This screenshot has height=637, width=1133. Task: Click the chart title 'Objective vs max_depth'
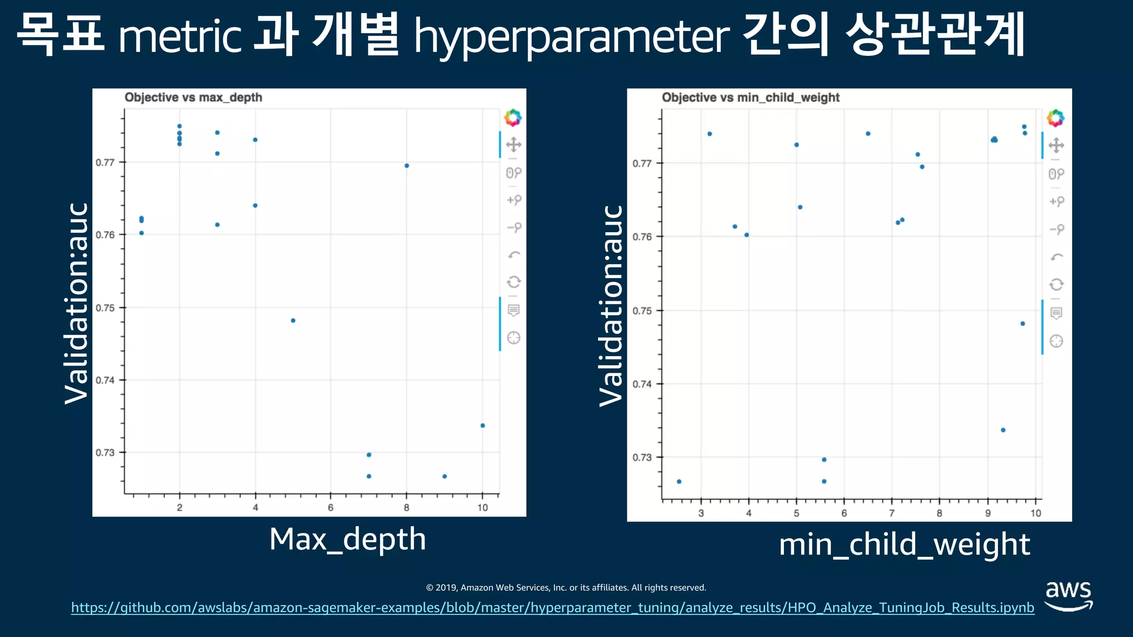pos(193,97)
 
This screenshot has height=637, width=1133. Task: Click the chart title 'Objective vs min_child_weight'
pos(750,97)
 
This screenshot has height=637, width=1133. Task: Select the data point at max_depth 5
pos(293,321)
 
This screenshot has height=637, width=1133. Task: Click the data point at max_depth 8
pos(407,165)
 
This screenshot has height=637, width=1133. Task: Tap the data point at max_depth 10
pos(482,425)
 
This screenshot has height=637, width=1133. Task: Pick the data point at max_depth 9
pos(445,476)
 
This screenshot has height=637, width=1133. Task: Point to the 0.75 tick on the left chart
pos(105,308)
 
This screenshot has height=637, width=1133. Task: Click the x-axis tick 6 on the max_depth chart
pos(331,508)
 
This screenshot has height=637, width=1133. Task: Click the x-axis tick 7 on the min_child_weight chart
pos(892,513)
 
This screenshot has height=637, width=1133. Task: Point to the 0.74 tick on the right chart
pos(642,384)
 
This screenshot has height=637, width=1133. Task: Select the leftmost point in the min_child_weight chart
pos(679,482)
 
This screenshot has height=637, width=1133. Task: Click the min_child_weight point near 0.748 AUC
pos(1022,323)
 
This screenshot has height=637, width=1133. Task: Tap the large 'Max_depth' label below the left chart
pos(347,539)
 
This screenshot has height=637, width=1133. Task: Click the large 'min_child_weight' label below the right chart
pos(904,545)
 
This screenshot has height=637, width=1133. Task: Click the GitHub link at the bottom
pos(552,608)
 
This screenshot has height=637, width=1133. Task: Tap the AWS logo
pos(1068,596)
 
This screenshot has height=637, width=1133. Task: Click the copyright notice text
pos(566,587)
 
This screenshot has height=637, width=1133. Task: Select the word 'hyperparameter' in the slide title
pos(571,36)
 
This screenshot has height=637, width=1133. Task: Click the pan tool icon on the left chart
pos(513,145)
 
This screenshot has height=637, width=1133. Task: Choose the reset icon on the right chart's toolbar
pos(1056,284)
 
